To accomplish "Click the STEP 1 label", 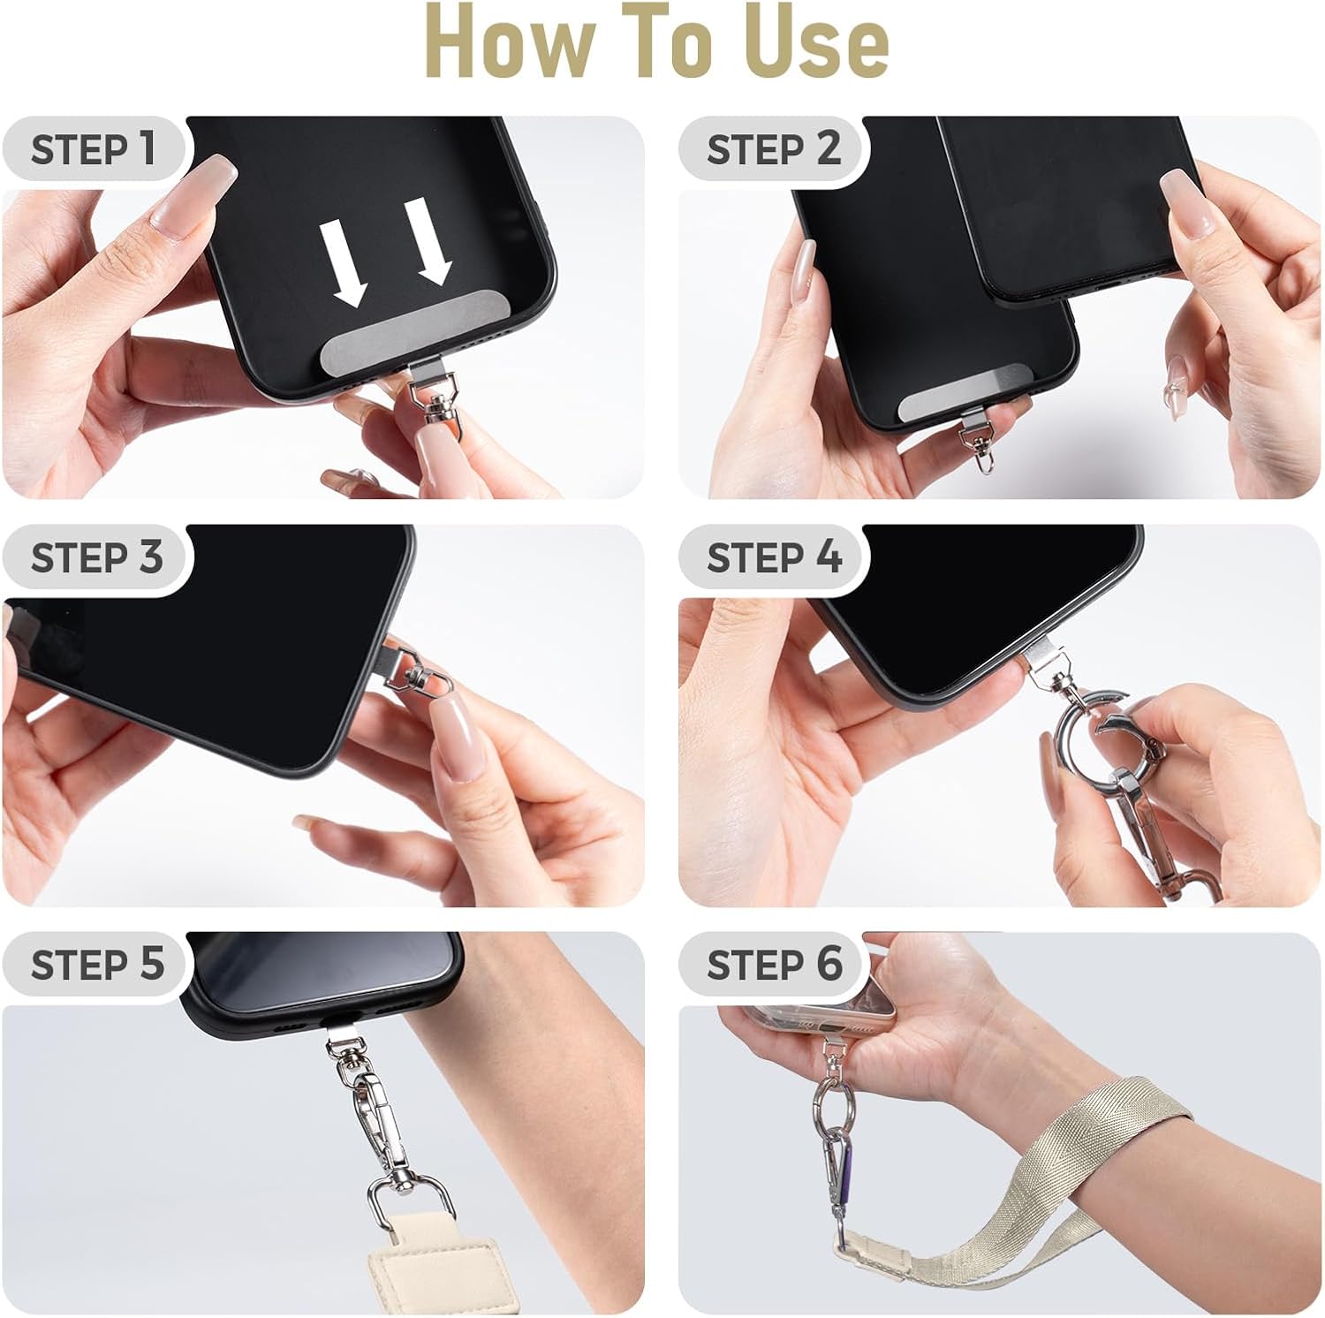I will [93, 148].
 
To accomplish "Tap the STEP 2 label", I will [773, 148].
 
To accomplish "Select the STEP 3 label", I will [96, 557].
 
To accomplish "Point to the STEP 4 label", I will [774, 557].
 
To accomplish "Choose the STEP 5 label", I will [96, 963].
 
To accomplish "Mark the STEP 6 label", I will [774, 963].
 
